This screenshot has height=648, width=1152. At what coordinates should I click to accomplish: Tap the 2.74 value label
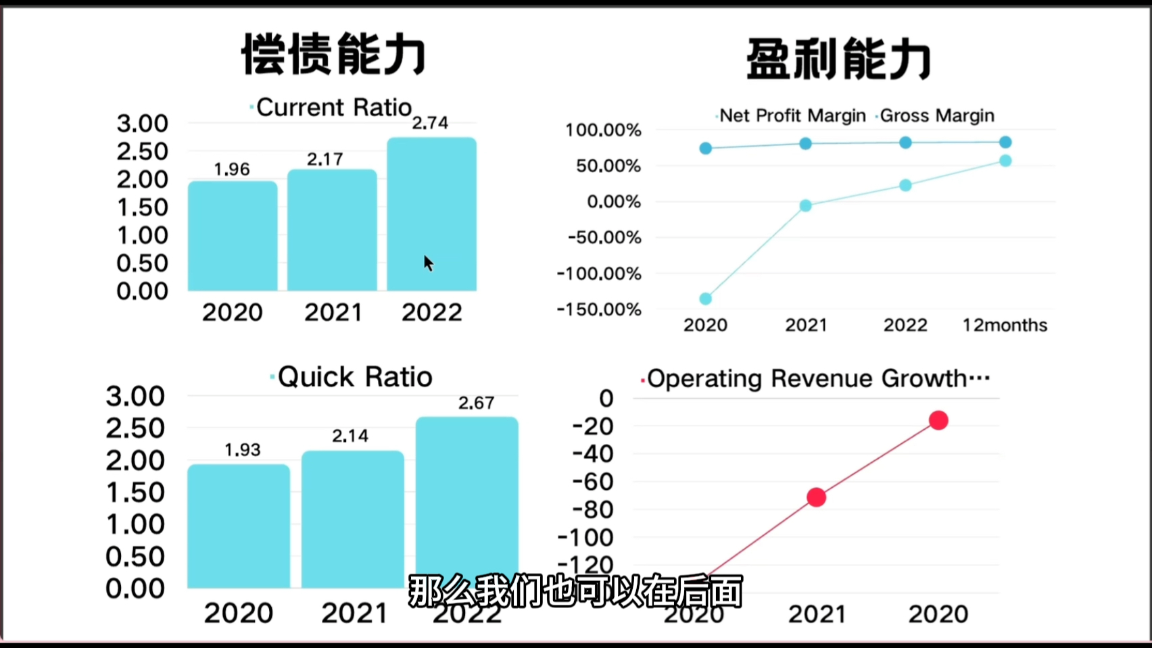(430, 123)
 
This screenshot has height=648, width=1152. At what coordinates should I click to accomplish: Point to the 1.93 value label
(242, 450)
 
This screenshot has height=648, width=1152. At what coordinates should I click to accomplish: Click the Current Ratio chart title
(333, 107)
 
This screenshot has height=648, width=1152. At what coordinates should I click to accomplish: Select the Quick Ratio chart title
(354, 377)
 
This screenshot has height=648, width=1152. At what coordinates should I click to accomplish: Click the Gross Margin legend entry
(936, 116)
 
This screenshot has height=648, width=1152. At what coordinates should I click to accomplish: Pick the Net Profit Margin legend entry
(792, 116)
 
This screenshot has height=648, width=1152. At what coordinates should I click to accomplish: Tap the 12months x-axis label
(1005, 326)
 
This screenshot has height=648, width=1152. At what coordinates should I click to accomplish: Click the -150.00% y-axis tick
(599, 309)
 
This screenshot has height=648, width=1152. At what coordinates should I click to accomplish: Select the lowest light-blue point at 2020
(705, 299)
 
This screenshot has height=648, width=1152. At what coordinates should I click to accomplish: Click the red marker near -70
(817, 497)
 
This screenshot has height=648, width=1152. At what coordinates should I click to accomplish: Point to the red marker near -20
(938, 420)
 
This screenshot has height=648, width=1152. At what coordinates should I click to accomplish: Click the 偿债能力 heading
(334, 54)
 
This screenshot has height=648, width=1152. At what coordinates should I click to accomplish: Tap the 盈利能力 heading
(839, 59)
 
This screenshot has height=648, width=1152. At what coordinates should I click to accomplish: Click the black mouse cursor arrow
(428, 263)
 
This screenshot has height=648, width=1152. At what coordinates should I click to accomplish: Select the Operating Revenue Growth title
(817, 378)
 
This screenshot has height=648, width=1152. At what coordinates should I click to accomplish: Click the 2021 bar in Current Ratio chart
(332, 230)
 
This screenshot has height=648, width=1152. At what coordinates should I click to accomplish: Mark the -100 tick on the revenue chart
(585, 538)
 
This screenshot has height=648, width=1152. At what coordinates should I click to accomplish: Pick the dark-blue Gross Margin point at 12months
(1005, 142)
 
